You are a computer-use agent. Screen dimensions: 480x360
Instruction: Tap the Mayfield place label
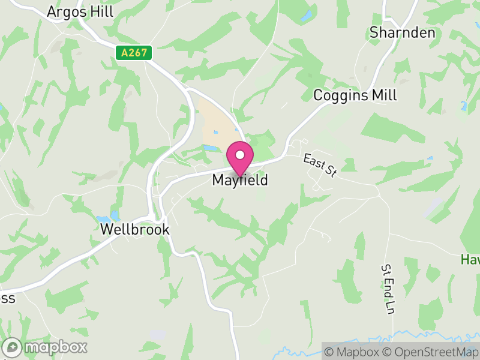(240, 180)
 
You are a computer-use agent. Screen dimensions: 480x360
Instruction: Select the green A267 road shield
(134, 53)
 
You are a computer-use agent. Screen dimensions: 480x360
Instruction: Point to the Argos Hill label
(80, 12)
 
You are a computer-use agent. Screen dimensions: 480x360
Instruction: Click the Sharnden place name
(402, 32)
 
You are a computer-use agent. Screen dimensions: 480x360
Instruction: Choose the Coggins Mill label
(355, 95)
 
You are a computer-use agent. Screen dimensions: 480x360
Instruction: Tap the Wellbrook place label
(135, 230)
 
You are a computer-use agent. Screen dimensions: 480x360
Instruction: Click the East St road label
(319, 166)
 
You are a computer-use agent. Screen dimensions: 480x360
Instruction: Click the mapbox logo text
(55, 347)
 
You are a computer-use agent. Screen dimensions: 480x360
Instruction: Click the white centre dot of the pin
(240, 155)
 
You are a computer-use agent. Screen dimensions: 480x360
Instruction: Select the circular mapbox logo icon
(13, 347)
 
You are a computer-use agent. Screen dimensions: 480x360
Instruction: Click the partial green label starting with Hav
(470, 259)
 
